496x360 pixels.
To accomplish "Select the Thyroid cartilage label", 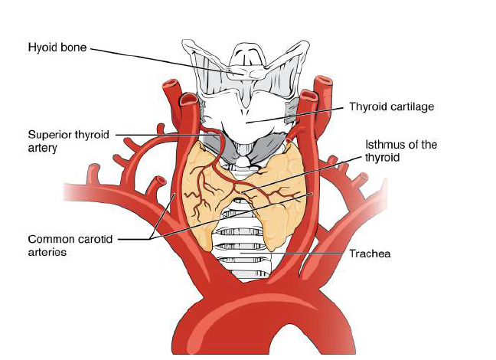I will tap(391, 107).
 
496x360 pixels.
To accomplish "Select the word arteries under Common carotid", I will tap(49, 251).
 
